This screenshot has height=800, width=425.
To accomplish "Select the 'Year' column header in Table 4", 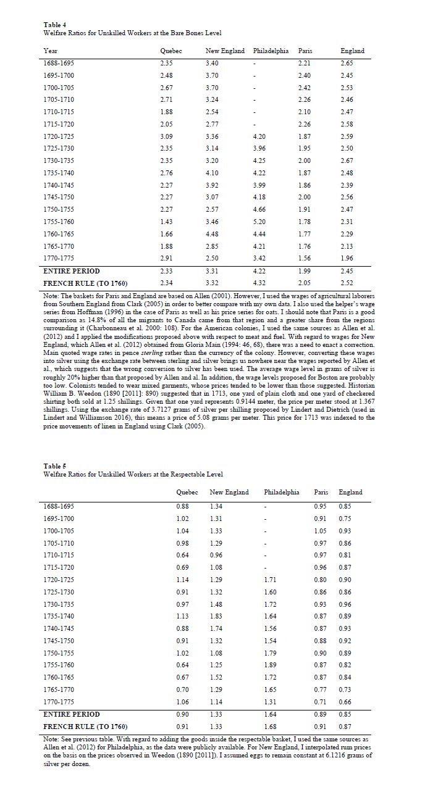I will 51,51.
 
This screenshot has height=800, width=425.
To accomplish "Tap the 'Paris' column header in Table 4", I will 305,51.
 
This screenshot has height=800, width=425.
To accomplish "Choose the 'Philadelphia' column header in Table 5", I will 281,492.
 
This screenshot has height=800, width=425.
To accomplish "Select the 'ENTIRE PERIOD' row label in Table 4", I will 72,271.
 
